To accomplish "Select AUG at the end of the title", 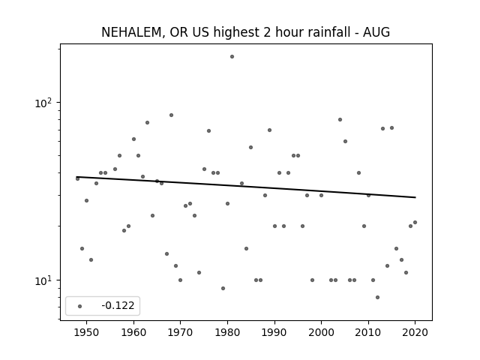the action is (x=376, y=32).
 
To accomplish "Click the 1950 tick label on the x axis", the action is (x=87, y=333).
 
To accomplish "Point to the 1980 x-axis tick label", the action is (x=227, y=333).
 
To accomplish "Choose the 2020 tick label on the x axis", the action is (x=415, y=333).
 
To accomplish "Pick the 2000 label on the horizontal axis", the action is (x=321, y=333).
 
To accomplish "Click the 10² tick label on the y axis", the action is (x=43, y=103).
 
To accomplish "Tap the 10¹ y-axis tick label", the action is (x=43, y=280).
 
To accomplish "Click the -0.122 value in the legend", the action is (x=118, y=305).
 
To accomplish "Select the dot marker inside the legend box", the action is (x=80, y=306).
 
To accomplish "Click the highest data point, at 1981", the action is (x=232, y=57).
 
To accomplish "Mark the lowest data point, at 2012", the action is (x=377, y=297).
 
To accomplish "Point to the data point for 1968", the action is (x=171, y=115).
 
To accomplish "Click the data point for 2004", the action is (x=340, y=120).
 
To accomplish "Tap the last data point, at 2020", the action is (x=415, y=222).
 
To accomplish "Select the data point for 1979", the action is (x=223, y=288).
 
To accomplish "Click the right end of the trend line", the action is (x=415, y=197).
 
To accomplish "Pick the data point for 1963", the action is (x=147, y=122).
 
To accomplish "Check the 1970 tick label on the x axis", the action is (x=180, y=333).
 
